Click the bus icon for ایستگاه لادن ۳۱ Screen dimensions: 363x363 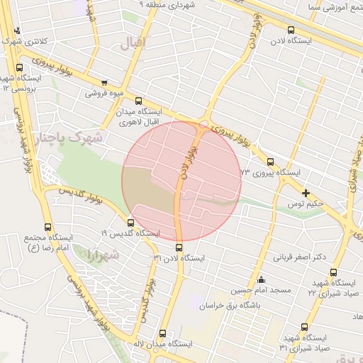point(178,248)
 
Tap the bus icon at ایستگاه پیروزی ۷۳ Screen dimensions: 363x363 point(269,161)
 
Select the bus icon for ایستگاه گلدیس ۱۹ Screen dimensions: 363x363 point(130,223)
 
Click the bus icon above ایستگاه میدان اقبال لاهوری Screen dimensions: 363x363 point(138,101)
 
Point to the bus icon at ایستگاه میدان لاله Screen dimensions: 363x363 point(162,333)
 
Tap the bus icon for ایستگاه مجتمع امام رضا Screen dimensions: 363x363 point(48,228)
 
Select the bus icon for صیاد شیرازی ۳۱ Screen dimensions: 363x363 point(304,327)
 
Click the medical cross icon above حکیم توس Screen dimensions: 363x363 point(306,192)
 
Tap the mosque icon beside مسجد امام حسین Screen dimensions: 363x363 point(261,279)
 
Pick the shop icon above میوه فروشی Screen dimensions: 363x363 point(105,82)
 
